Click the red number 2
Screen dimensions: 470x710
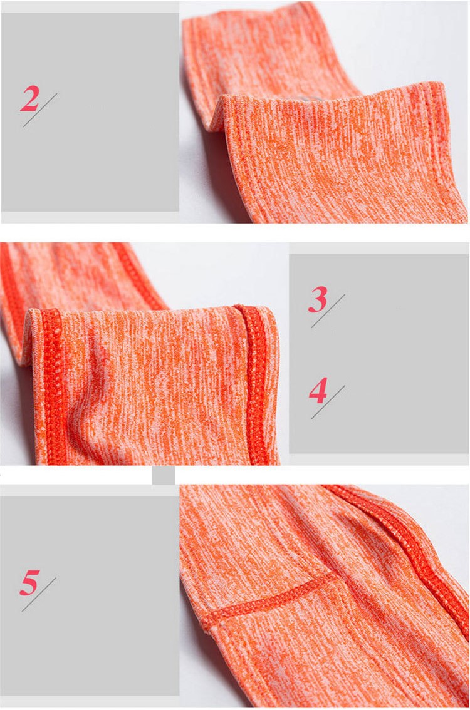pos(29,99)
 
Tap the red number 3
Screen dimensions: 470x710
pos(318,299)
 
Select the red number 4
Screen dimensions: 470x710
pos(318,391)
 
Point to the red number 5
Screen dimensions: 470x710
pos(29,582)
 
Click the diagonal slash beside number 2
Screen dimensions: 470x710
pos(40,110)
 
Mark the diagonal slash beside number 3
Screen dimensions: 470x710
pos(328,311)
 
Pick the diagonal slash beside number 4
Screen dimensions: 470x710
pos(328,402)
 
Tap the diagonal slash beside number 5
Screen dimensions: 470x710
pos(39,594)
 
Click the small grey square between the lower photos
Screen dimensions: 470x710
pos(164,475)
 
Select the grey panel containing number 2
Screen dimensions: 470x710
pos(90,112)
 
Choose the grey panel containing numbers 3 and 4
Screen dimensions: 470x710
pos(379,354)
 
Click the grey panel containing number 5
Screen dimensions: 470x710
pos(90,596)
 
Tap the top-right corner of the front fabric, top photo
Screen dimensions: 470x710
pos(441,85)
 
